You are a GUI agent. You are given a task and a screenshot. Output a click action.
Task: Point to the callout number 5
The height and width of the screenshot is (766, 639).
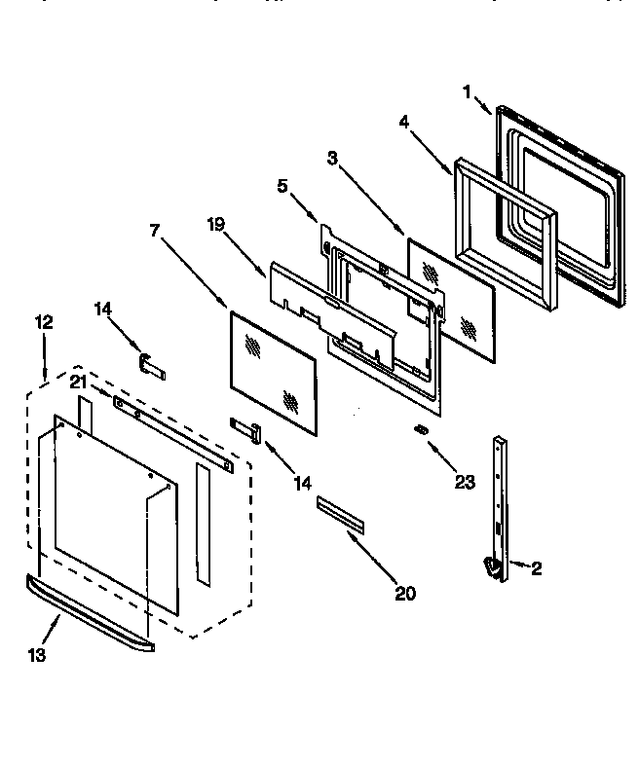tap(282, 185)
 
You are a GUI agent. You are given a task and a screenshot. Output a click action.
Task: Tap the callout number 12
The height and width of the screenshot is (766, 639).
tap(44, 321)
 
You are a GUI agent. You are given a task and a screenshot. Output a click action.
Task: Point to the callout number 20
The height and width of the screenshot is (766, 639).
tap(405, 594)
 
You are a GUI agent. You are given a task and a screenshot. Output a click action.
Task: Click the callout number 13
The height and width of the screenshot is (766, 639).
tap(36, 655)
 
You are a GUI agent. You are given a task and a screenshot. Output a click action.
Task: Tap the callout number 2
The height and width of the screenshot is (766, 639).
tap(536, 569)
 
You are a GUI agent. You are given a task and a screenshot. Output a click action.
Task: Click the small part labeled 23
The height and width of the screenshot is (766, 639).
tap(421, 429)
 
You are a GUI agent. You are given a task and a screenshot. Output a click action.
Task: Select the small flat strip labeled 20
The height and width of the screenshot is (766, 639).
tap(339, 513)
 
